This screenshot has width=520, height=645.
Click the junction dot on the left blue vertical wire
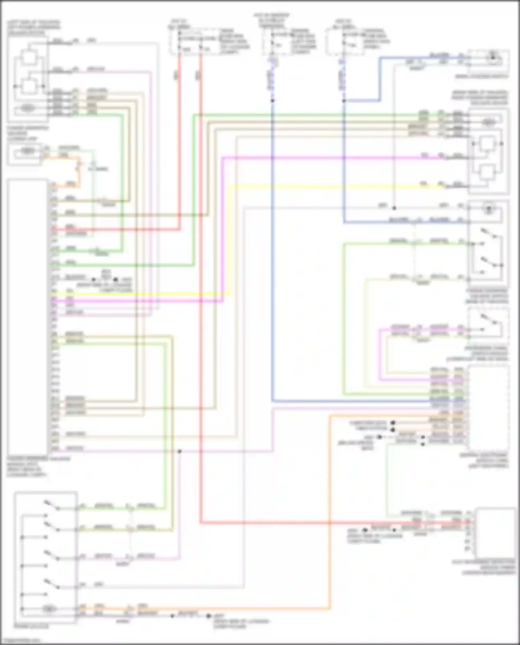coord(272,101)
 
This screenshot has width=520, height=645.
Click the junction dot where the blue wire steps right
coord(344,101)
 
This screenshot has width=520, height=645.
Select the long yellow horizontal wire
coord(312,187)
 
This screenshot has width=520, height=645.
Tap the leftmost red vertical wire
coord(180,139)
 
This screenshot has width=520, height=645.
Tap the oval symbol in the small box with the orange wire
coord(28,151)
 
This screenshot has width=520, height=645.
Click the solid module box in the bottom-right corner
coord(496,532)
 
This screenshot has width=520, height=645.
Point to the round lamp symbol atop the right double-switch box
coord(489,209)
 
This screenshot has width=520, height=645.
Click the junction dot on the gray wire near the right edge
coord(394,208)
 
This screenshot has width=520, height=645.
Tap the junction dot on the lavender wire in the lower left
coord(179,451)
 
